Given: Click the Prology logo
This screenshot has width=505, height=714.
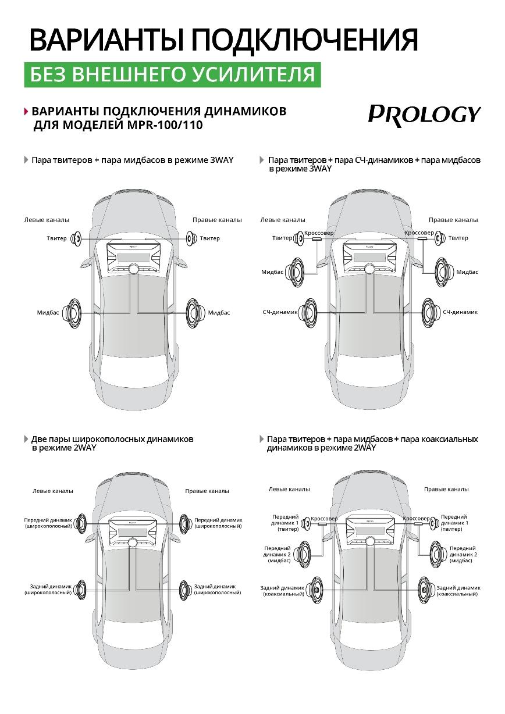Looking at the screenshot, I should [x=424, y=113].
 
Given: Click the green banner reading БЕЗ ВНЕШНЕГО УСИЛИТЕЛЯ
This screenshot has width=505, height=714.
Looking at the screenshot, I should [x=172, y=74].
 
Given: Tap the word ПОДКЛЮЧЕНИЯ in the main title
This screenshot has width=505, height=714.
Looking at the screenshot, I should [x=304, y=40].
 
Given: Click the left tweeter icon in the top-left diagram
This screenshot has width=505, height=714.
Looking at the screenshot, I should [x=76, y=238].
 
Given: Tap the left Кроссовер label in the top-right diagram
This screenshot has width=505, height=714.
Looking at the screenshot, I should [x=319, y=233].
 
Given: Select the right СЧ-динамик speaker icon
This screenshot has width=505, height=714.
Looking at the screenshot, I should [x=431, y=312].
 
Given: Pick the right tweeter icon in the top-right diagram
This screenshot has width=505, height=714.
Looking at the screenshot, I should [x=440, y=237].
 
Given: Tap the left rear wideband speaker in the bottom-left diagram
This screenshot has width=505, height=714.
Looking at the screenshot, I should [x=80, y=589].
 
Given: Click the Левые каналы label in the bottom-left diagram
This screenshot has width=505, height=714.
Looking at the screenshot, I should [x=52, y=491].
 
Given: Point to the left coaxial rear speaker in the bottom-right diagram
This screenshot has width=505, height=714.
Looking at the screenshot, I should [x=315, y=590].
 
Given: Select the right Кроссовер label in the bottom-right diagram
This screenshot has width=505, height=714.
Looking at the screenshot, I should [x=416, y=518].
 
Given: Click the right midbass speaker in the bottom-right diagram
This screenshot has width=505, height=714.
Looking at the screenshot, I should [x=437, y=553].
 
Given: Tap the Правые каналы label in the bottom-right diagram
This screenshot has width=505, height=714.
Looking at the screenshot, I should [x=446, y=489].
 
